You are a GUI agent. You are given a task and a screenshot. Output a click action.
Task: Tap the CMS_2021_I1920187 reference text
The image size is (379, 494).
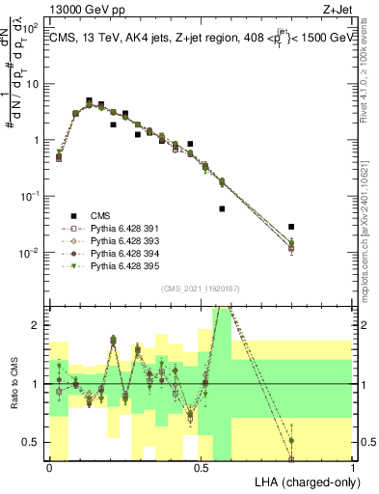click(x=202, y=288)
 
